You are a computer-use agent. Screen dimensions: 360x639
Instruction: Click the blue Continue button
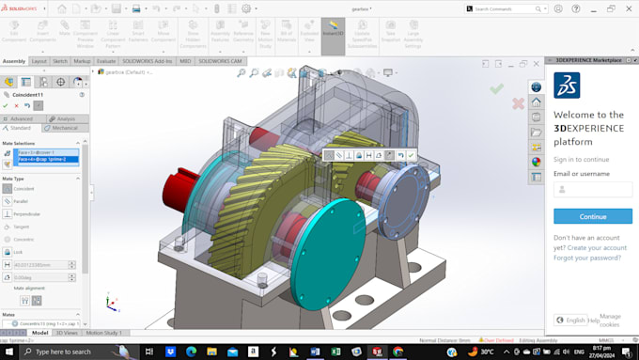593,216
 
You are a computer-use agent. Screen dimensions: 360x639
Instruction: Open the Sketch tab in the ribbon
59,61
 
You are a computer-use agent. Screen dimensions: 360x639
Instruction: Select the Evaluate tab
106,61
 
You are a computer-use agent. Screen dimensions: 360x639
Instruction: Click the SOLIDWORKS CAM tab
219,61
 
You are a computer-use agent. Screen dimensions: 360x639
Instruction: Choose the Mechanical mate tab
65,128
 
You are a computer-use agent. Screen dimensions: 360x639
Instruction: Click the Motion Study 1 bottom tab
104,333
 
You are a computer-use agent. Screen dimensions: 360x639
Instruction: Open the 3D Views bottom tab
67,333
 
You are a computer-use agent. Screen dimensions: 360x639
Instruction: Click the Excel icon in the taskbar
335,352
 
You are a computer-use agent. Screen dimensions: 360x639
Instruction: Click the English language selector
571,321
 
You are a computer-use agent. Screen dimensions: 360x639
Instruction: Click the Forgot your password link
586,258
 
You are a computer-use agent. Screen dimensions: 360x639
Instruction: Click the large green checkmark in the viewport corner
496,88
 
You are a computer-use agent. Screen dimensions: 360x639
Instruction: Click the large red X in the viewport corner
518,103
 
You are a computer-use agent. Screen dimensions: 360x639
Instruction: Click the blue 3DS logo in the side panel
567,86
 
